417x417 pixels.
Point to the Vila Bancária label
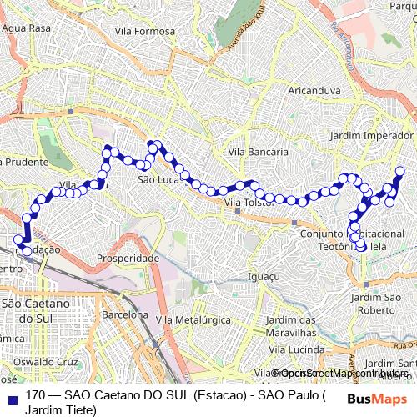pyautogui.click(x=259, y=153)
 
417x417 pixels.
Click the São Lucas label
pyautogui.click(x=154, y=179)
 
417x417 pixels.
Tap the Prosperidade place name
pyautogui.click(x=128, y=259)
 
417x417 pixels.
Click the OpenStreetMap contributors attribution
pyautogui.click(x=343, y=374)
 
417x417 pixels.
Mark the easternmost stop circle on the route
pyautogui.click(x=399, y=172)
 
